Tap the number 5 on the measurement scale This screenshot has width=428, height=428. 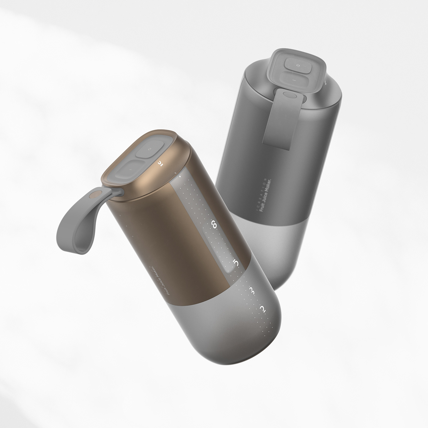[x=235, y=263]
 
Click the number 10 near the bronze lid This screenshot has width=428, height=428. [x=160, y=163]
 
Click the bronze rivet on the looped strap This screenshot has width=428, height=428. [x=97, y=194]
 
